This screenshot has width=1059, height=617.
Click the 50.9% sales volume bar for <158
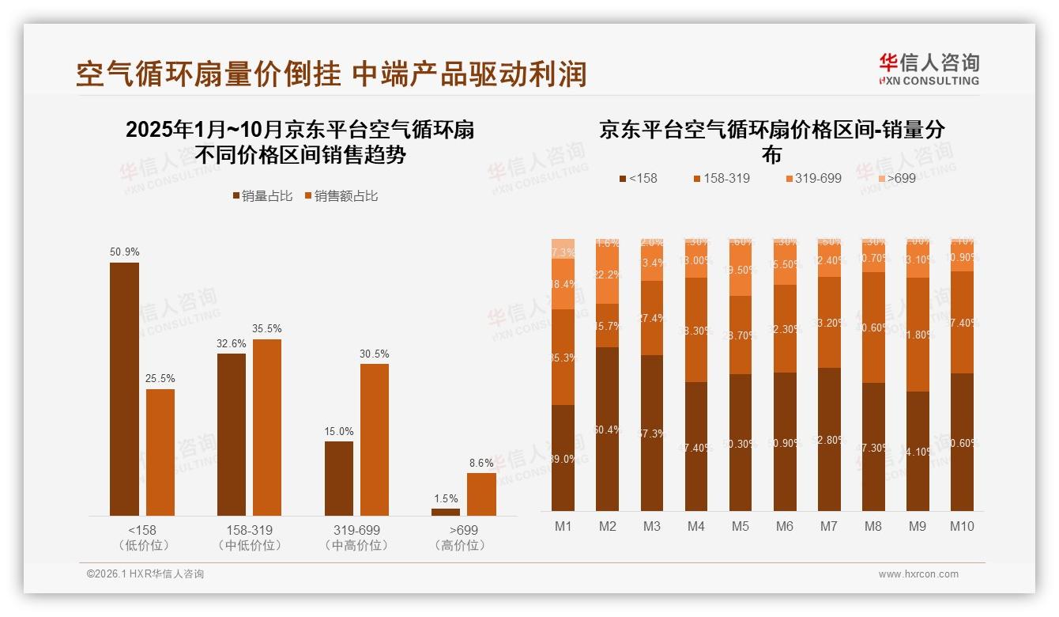124,388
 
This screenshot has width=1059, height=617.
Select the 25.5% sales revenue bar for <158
160,452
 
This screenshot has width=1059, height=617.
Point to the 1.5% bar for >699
446,512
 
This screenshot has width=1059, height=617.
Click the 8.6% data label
481,463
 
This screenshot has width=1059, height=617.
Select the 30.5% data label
375,354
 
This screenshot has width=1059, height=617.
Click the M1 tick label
563,526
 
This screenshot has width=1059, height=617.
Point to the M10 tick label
961,526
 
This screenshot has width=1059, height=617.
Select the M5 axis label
740,526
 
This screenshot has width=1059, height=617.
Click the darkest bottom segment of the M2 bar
607,429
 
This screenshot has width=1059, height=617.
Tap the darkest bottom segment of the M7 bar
828,439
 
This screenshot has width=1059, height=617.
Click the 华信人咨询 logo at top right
929,68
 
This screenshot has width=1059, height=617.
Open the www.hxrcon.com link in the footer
918,574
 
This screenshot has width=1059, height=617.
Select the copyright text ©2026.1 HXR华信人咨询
145,574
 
